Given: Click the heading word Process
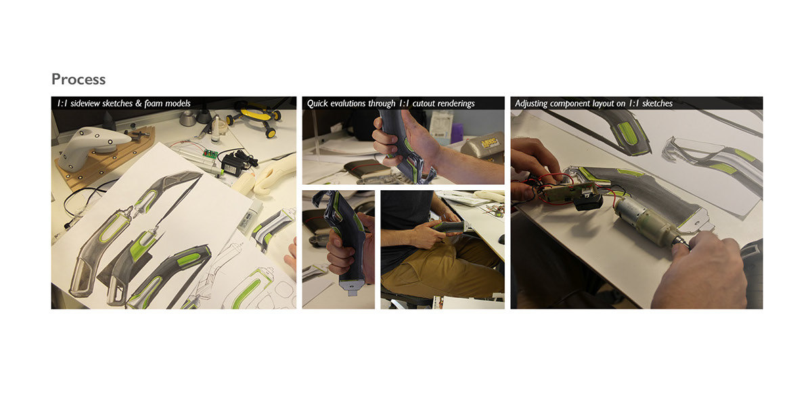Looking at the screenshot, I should coord(78,79).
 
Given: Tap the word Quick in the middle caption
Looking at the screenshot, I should coord(320,104).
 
